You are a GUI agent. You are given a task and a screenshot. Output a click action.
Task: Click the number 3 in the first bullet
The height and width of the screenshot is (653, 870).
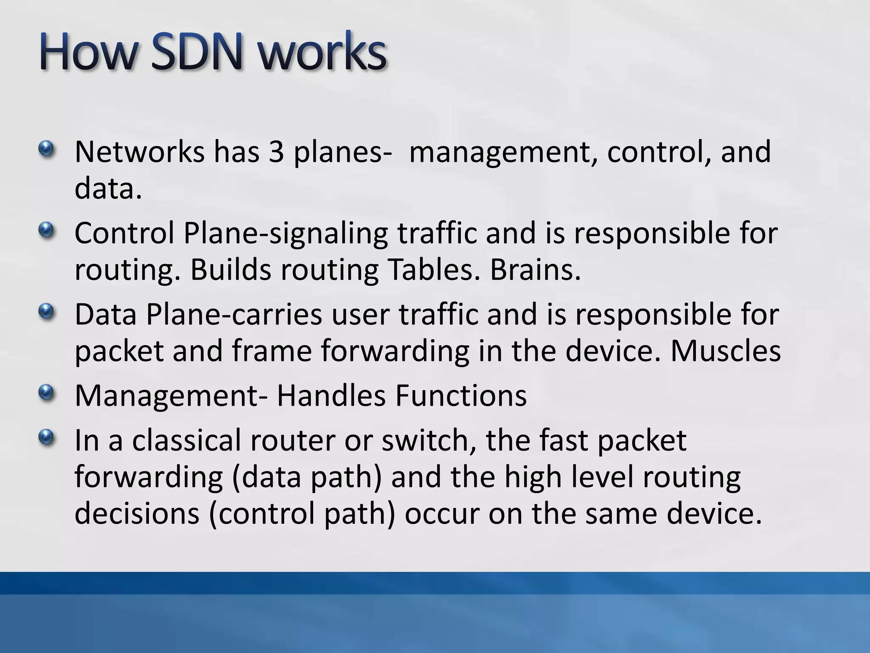(x=276, y=152)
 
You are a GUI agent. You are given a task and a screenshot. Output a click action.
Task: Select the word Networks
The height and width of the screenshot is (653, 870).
(x=139, y=152)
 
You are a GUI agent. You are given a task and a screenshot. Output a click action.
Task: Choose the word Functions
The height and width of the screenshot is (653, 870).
(x=461, y=396)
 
